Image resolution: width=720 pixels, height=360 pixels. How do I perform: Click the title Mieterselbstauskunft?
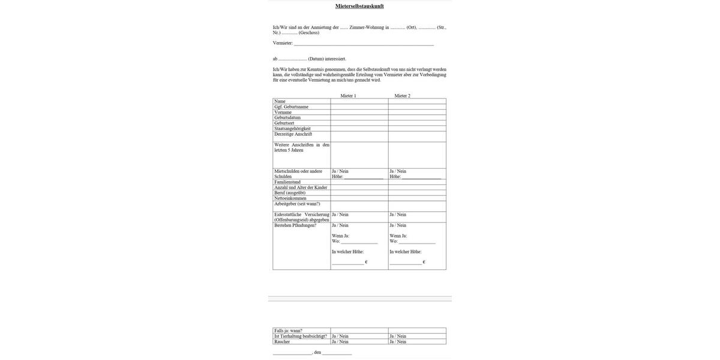pos(359,6)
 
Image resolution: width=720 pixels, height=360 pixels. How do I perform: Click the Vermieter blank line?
pos(364,44)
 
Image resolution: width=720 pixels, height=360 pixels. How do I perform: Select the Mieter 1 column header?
pos(348,96)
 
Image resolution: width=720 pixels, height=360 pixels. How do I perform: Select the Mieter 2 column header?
pos(403,96)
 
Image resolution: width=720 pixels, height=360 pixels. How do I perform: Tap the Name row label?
pos(280,101)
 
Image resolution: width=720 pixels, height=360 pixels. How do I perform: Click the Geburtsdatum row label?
pos(287,118)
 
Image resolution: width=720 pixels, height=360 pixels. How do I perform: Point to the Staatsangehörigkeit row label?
pos(292,128)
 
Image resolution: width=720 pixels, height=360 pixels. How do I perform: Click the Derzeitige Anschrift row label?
pos(293,134)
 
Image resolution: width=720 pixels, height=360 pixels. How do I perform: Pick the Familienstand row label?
pos(287,182)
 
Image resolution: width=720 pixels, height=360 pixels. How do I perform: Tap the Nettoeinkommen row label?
pos(290,199)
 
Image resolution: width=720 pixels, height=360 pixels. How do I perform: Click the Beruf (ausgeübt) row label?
pos(290,193)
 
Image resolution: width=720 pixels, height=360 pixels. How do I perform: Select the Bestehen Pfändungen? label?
pos(295,226)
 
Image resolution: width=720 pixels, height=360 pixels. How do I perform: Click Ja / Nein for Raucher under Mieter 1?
pos(340,342)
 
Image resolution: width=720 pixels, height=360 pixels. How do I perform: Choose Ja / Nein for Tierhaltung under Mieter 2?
pos(398,337)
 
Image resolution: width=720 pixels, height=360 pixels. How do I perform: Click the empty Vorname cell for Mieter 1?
pos(359,112)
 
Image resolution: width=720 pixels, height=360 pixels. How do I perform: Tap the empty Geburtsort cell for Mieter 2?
pos(417,123)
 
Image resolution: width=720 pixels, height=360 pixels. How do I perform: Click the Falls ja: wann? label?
pos(288,331)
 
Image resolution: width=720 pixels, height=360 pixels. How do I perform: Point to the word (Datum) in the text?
pos(316,59)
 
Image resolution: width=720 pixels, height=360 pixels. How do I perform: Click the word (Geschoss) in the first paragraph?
pos(309,33)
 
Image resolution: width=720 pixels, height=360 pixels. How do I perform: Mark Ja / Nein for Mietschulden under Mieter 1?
pos(340,172)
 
